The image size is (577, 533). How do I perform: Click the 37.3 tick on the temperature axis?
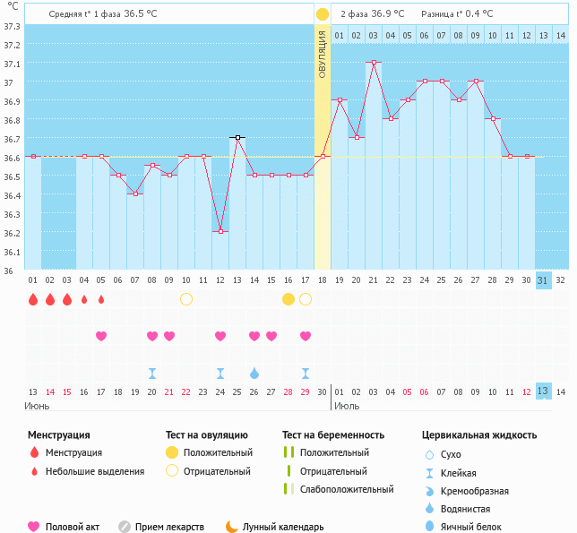[x=12, y=26]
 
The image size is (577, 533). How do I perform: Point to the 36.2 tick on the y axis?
[x=12, y=233]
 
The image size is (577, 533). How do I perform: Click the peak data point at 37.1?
[x=373, y=63]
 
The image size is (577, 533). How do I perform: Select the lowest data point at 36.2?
[x=220, y=231]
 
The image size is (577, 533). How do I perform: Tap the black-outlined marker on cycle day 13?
[x=237, y=137]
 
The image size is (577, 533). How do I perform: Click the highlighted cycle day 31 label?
[x=543, y=280]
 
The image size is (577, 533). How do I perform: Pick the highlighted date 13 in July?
[x=543, y=391]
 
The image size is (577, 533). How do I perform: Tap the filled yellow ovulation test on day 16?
[x=288, y=298]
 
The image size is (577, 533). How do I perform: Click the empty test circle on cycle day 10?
[x=186, y=298]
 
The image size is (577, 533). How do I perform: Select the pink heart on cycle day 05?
[x=101, y=336]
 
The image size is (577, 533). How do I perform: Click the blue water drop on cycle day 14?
[x=254, y=373]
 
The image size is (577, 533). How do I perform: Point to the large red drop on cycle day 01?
[x=33, y=298]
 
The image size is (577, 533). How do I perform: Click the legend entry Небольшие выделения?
[x=95, y=471]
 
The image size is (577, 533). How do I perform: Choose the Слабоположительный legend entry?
[x=348, y=489]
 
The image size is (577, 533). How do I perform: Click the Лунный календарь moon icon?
[x=233, y=527]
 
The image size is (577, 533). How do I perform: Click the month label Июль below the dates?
[x=348, y=406]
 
